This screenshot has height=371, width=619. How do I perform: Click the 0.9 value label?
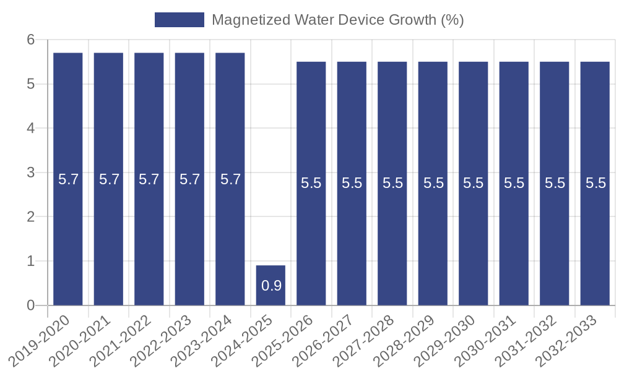point(271,286)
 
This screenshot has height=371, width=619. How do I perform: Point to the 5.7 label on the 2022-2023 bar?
point(189,179)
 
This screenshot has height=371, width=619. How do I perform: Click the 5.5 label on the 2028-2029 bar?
point(433,183)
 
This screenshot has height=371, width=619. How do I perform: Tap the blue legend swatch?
point(179,20)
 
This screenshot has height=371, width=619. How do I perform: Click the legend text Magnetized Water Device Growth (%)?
point(337,20)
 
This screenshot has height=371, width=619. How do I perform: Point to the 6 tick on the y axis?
point(30,40)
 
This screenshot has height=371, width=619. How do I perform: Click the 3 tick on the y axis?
point(30,173)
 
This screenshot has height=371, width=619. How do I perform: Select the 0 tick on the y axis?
point(30,305)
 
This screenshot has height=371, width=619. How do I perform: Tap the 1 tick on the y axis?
point(30,261)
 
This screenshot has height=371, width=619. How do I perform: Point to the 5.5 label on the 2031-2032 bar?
point(555,183)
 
